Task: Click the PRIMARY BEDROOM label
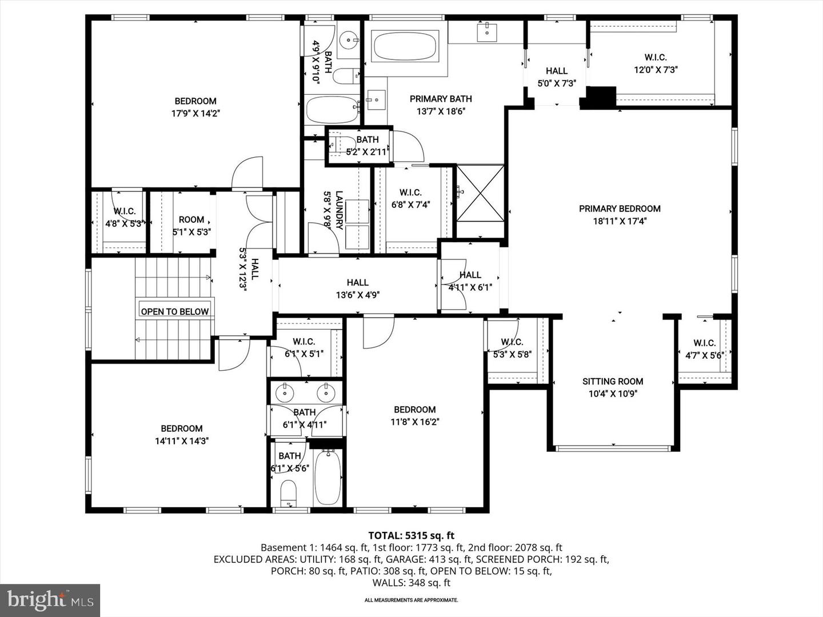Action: [620, 209]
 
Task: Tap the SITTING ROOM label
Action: [613, 382]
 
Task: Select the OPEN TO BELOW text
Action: [175, 311]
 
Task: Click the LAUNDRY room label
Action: [339, 210]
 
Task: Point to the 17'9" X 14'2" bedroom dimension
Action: [195, 114]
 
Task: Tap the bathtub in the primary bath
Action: [405, 47]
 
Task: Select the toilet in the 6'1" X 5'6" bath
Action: [289, 492]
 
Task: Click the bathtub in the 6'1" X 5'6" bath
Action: [328, 477]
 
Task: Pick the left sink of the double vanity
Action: [284, 393]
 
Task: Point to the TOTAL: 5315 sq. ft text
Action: [411, 535]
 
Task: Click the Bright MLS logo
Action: [50, 600]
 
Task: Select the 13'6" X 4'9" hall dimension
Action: [358, 295]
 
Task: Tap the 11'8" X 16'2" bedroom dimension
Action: [415, 422]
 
